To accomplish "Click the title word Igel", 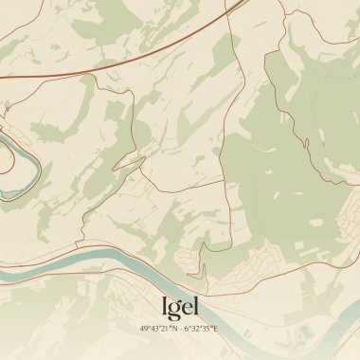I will [x=180, y=307].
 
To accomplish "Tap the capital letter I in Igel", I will [x=165, y=307].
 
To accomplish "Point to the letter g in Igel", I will [x=176, y=310].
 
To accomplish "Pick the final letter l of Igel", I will [x=196, y=306].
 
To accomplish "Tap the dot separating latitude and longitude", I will [x=180, y=329].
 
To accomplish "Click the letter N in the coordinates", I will [x=173, y=329].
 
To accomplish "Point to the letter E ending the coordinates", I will [x=216, y=329].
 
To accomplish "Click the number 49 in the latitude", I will [x=144, y=329].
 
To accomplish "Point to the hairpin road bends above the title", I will [x=202, y=266].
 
